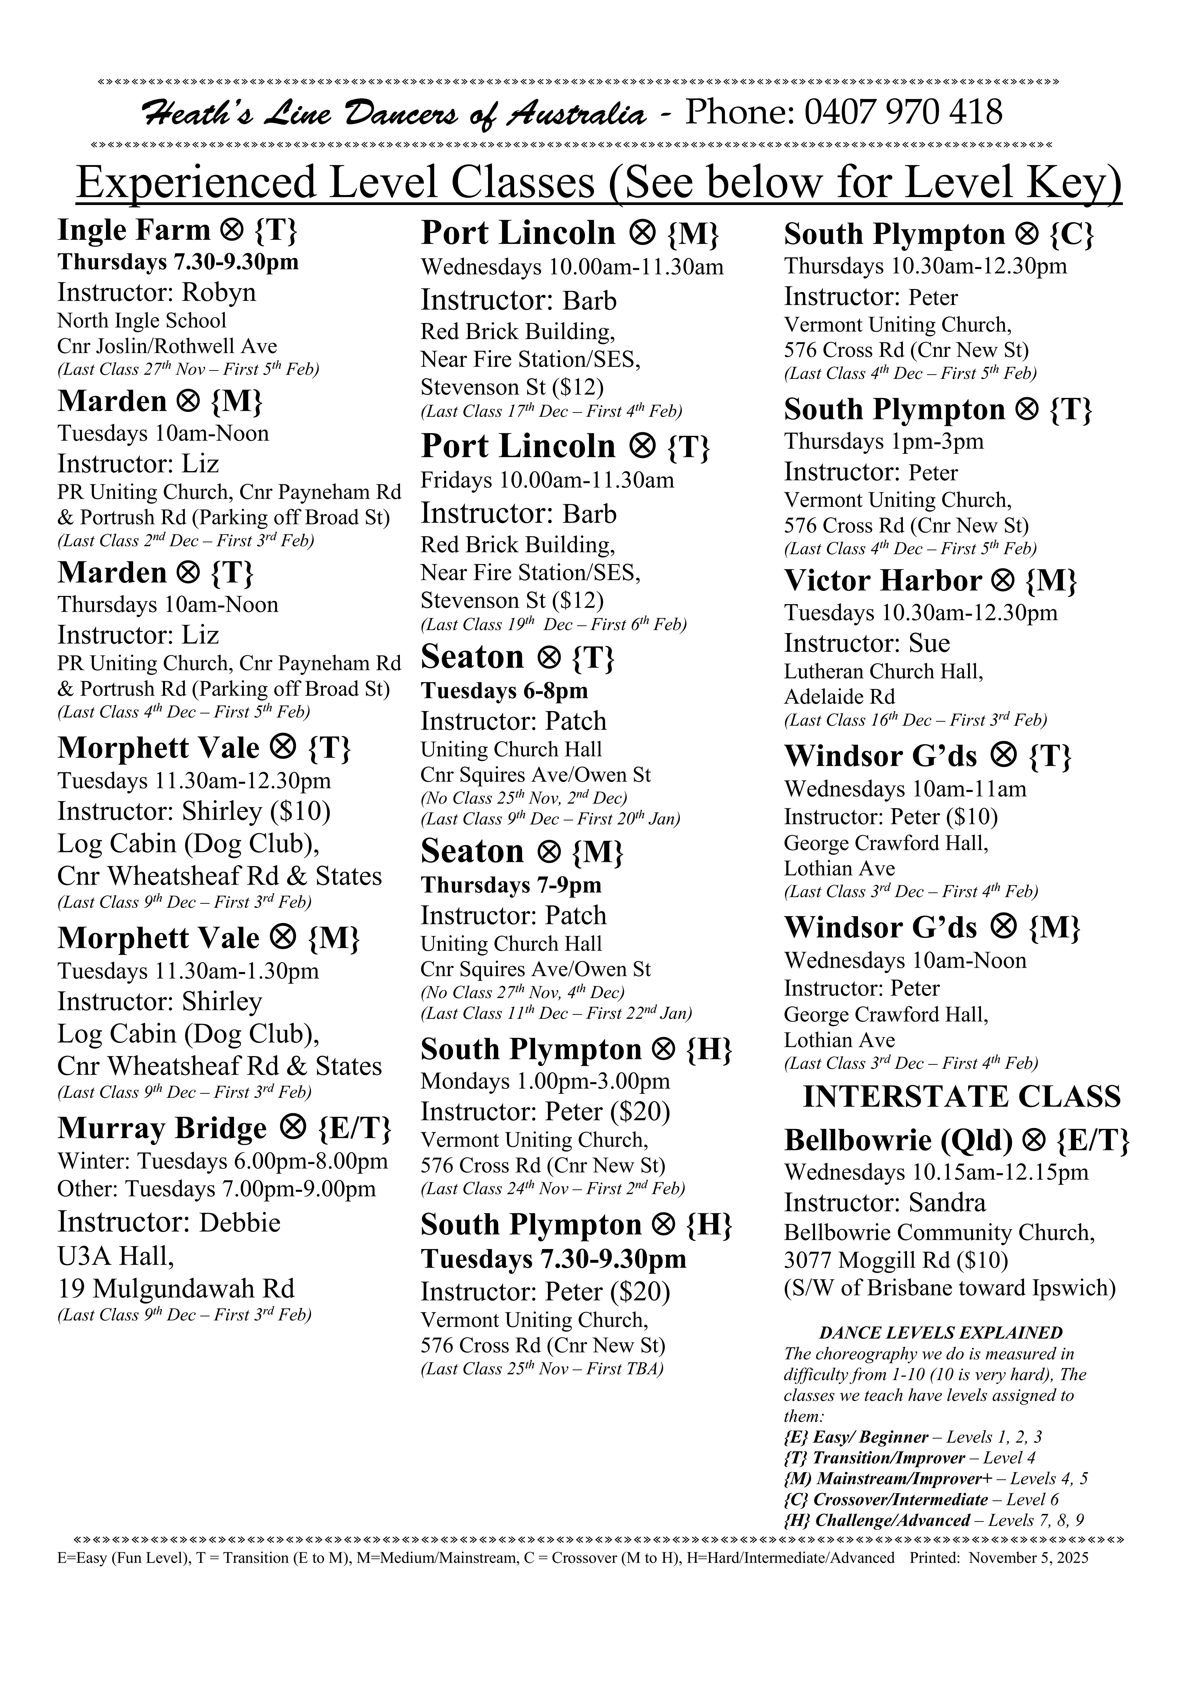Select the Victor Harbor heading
click(930, 581)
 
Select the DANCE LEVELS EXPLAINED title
click(940, 1333)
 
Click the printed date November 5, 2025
click(1028, 1558)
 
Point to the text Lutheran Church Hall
click(883, 671)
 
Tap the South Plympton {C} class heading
click(938, 235)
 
